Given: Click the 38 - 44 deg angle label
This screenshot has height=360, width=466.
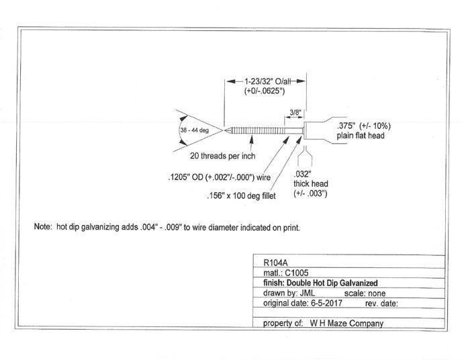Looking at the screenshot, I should (195, 130).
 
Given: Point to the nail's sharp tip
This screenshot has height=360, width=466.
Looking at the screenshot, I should (225, 129).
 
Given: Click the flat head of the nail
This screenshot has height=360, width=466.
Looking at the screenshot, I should (306, 129).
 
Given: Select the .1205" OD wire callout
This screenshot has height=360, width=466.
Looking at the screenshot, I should (220, 179).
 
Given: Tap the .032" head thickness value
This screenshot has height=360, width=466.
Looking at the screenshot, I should (302, 173).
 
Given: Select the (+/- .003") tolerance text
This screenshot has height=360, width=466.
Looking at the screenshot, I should (310, 193).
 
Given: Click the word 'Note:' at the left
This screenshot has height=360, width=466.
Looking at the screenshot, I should (44, 227).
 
